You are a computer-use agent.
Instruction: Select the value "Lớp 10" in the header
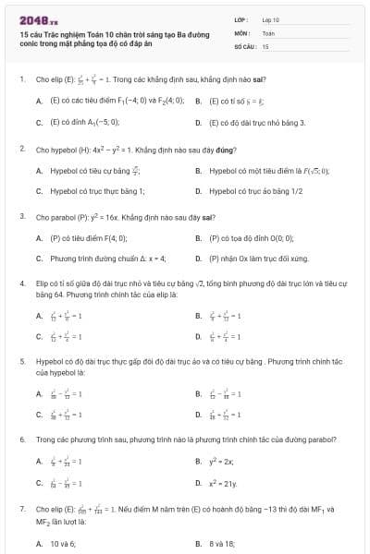click(x=271, y=19)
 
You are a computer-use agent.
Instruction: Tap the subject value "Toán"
click(x=268, y=32)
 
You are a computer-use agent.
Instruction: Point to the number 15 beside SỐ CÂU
click(x=265, y=45)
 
